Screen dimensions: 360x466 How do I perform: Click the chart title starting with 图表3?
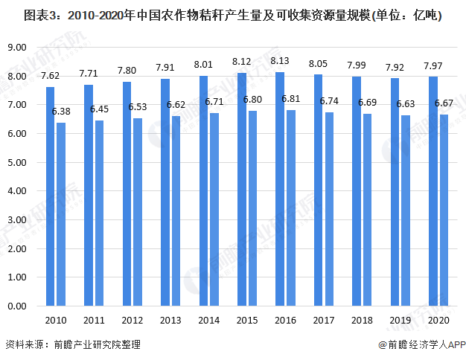click(232, 15)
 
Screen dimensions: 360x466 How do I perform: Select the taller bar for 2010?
click(50, 196)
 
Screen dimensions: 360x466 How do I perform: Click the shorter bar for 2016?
click(292, 208)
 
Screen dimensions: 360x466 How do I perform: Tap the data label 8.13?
click(281, 60)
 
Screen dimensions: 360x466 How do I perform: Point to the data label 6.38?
click(61, 111)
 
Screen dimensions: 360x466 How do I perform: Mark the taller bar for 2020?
click(433, 191)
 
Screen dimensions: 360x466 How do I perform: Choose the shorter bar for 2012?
click(138, 212)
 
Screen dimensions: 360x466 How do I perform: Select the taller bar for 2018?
click(357, 191)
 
